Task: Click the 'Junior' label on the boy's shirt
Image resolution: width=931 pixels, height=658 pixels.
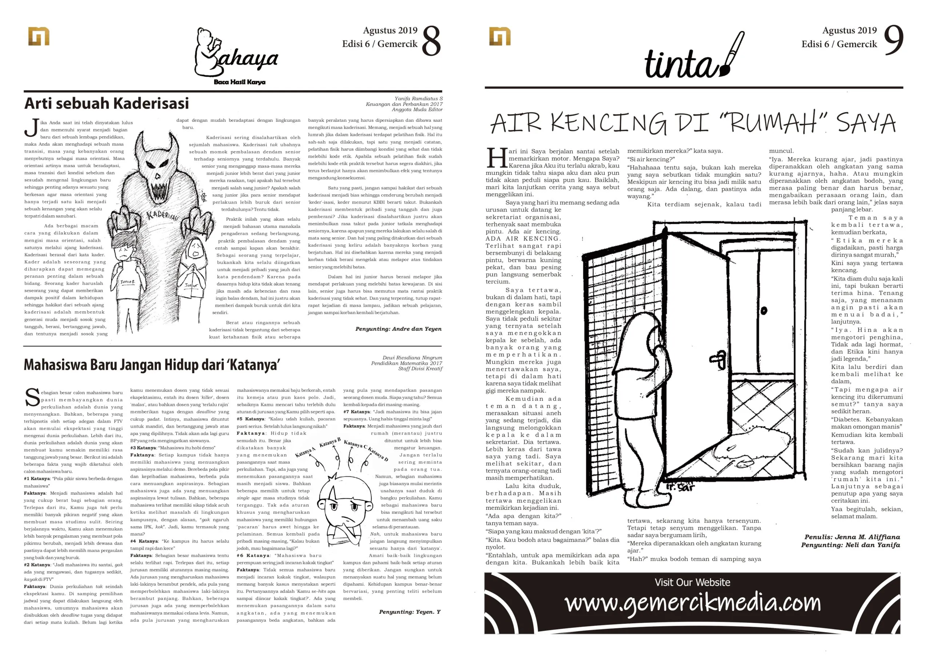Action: click(x=127, y=281)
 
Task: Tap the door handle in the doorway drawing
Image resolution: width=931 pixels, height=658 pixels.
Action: click(x=718, y=359)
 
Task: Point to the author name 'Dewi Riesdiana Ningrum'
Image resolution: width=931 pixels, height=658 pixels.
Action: click(x=412, y=358)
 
